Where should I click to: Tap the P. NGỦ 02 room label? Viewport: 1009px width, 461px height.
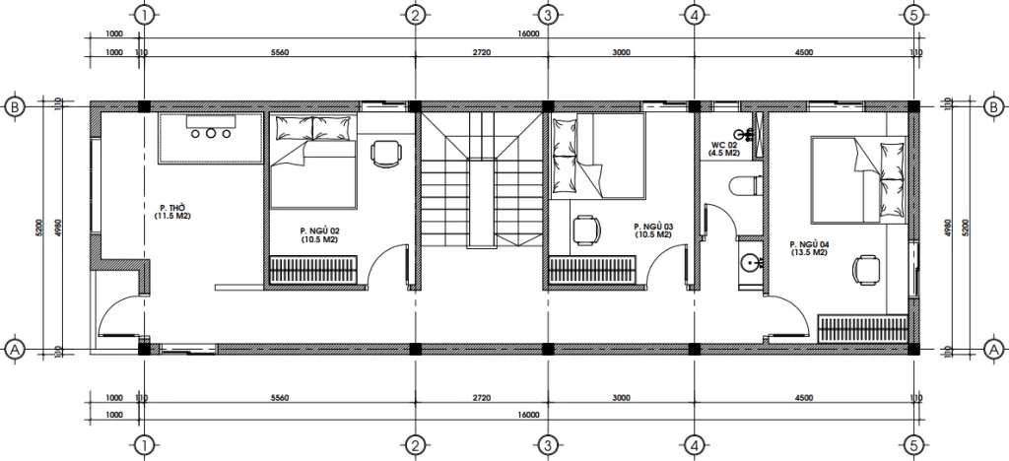pyautogui.click(x=320, y=234)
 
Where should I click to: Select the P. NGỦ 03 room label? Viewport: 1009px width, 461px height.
pyautogui.click(x=651, y=230)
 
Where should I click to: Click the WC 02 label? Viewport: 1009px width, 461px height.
pyautogui.click(x=726, y=149)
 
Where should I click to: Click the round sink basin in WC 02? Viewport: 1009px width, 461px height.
pyautogui.click(x=751, y=263)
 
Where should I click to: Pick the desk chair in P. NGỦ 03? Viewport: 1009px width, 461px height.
pyautogui.click(x=586, y=230)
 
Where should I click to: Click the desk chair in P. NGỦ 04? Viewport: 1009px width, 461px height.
pyautogui.click(x=867, y=267)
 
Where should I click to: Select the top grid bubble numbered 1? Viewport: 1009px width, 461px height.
pyautogui.click(x=145, y=15)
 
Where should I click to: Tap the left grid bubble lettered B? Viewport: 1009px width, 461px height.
pyautogui.click(x=15, y=105)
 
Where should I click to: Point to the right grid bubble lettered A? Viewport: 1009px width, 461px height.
pyautogui.click(x=993, y=349)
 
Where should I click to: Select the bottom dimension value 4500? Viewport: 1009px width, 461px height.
pyautogui.click(x=803, y=398)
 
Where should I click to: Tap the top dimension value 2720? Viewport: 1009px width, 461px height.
pyautogui.click(x=482, y=51)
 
